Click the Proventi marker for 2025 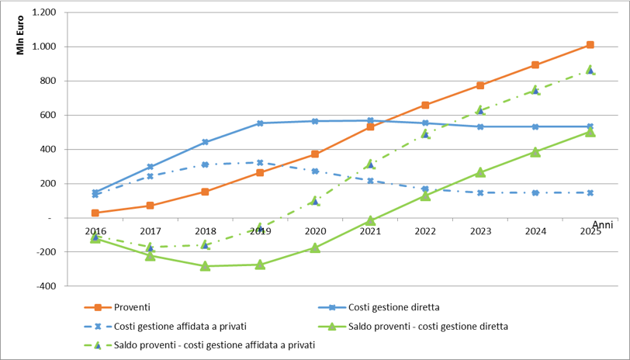point(590,45)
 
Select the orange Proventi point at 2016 point(95,213)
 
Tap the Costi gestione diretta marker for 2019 point(260,123)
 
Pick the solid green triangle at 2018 point(205,266)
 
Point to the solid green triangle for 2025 point(590,132)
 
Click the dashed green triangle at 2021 point(370,164)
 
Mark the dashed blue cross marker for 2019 point(260,163)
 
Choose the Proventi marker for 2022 point(425,105)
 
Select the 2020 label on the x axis point(315,230)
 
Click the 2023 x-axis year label point(480,230)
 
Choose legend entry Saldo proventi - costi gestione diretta point(427,327)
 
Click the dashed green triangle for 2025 point(590,70)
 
